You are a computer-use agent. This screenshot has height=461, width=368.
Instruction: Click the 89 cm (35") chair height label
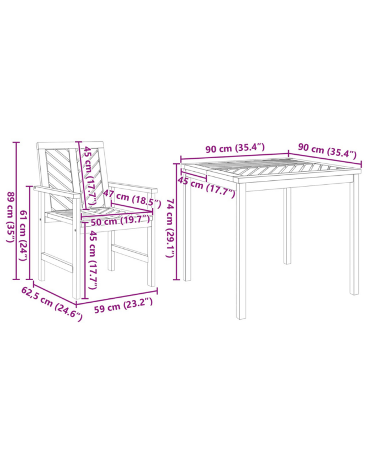(10, 217)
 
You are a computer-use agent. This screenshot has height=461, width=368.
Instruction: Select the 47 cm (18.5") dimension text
(132, 199)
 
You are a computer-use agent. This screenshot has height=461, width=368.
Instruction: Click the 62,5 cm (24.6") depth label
(52, 304)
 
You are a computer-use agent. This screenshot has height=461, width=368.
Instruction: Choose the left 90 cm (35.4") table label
(235, 148)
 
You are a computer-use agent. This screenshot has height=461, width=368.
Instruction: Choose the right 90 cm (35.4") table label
(327, 150)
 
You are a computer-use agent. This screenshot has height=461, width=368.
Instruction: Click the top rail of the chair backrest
(70, 145)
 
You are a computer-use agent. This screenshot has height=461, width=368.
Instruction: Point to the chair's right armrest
(133, 187)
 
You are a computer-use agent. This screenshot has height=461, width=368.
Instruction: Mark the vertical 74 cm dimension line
(177, 221)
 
